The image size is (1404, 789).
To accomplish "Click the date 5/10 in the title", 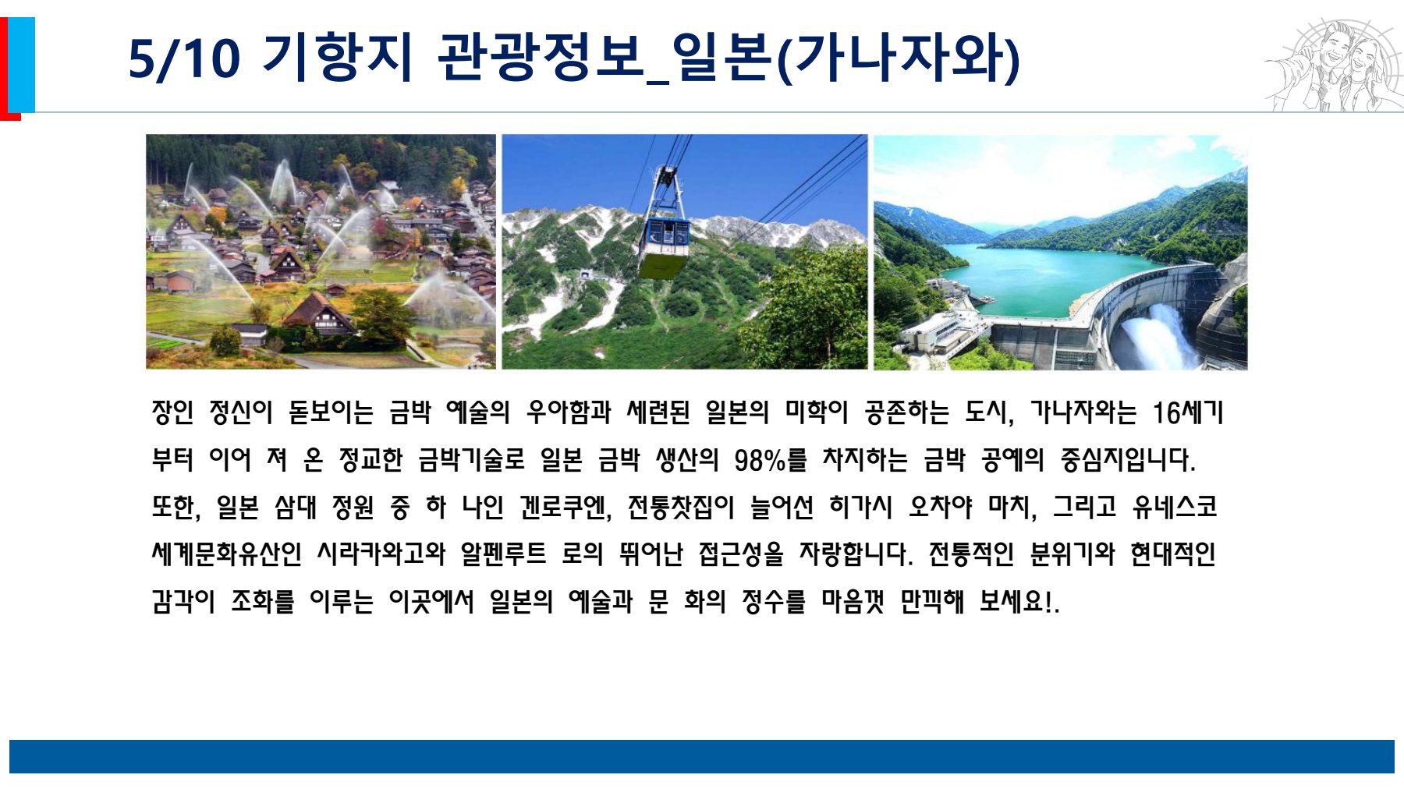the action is tap(184, 58).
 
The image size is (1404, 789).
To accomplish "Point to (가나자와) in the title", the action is tap(899, 58).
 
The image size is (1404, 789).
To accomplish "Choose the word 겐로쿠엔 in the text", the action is tap(565, 508).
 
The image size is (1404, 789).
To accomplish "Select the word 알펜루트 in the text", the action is tap(504, 554).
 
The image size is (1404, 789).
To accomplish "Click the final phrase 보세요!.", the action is tap(1019, 601).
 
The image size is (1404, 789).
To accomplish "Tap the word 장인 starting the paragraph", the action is tap(172, 412).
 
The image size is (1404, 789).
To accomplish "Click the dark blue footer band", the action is tap(702, 756).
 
